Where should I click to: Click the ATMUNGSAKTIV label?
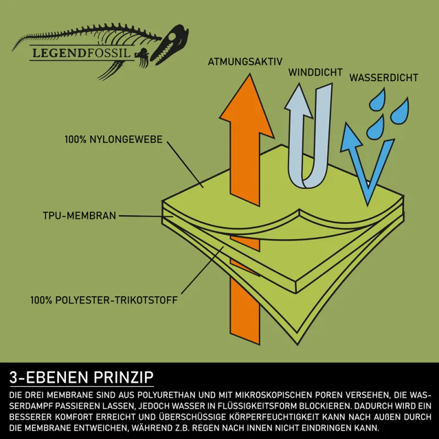(245, 62)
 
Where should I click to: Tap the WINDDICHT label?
(316, 72)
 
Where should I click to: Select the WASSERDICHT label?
(384, 77)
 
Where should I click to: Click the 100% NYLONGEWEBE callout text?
(114, 139)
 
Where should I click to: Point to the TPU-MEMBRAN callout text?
(79, 216)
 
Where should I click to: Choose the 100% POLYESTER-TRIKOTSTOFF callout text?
(104, 300)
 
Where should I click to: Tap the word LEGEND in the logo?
(56, 53)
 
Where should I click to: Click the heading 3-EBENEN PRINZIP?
(81, 377)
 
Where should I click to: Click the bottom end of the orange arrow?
(245, 339)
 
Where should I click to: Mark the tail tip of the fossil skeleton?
(13, 50)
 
